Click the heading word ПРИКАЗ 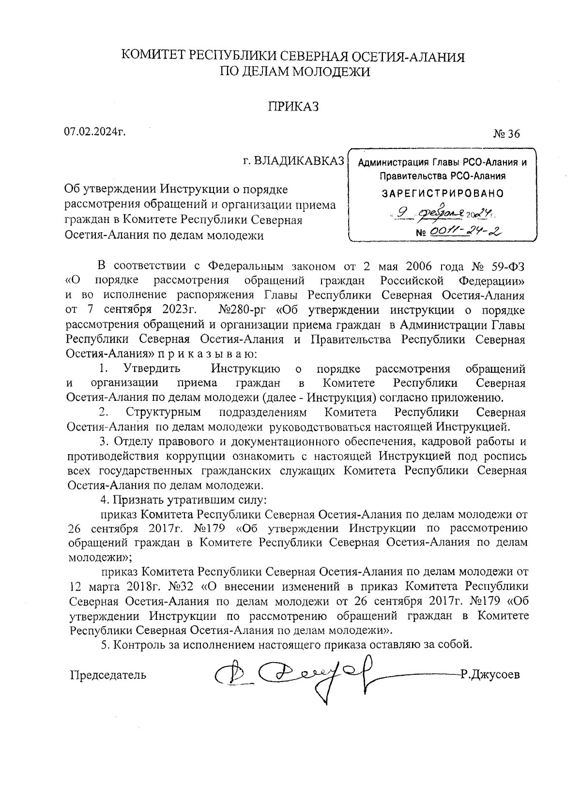[293, 107]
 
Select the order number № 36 [506, 134]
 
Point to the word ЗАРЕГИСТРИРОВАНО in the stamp [443, 193]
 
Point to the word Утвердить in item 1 [152, 369]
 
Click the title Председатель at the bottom [108, 674]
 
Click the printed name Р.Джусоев [490, 674]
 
